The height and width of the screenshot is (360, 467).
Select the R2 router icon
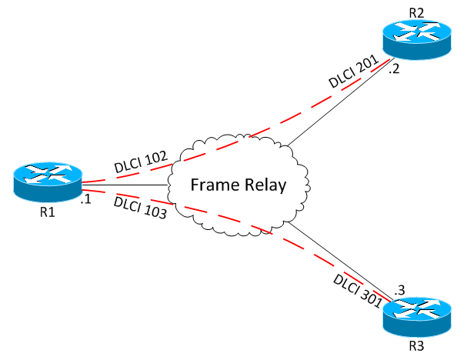pyautogui.click(x=416, y=38)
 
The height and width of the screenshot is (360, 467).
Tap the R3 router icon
pyautogui.click(x=416, y=315)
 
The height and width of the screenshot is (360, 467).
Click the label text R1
pyautogui.click(x=46, y=212)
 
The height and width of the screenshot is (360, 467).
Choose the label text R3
pyautogui.click(x=416, y=345)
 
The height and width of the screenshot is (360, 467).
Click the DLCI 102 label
pyautogui.click(x=139, y=162)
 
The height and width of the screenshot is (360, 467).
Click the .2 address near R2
pyautogui.click(x=394, y=69)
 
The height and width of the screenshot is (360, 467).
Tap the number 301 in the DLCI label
pyautogui.click(x=370, y=297)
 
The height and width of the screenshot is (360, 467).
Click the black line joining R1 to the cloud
pyautogui.click(x=123, y=185)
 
